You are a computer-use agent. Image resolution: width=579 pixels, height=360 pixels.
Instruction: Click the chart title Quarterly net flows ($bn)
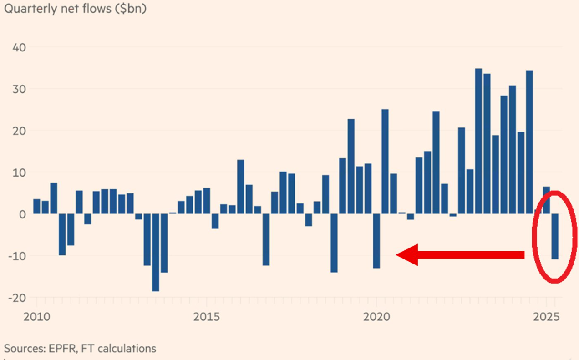pos(75,9)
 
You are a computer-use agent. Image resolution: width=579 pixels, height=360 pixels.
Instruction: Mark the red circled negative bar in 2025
pos(555,236)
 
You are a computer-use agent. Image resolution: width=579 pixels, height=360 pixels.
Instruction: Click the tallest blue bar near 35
pos(478,141)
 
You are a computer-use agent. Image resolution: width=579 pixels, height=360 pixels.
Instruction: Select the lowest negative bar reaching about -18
pos(156,252)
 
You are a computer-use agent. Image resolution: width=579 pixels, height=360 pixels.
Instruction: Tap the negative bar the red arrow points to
pos(376,241)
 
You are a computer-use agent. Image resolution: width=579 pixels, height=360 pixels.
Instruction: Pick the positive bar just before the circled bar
pos(546,200)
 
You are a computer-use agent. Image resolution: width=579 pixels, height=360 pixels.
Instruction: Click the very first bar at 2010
pos(36,206)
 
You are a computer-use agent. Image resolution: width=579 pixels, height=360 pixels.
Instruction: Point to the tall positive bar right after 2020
pos(385,162)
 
